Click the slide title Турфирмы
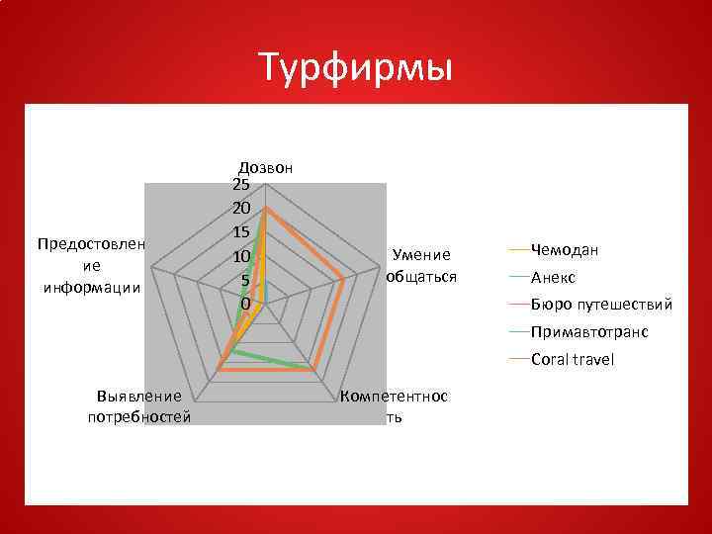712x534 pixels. (x=356, y=68)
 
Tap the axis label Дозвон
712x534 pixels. (x=265, y=167)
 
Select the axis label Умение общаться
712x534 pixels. (x=421, y=265)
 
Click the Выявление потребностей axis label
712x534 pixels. (x=139, y=405)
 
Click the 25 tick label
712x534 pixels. (x=241, y=185)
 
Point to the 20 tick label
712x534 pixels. (x=241, y=209)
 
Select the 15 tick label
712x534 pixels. (x=241, y=232)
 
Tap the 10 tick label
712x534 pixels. (x=241, y=256)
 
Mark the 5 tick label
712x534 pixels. (x=245, y=280)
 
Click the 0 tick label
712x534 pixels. (x=245, y=303)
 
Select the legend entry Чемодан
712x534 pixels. (x=565, y=249)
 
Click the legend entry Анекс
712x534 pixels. (x=553, y=277)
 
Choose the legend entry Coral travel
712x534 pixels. (x=572, y=359)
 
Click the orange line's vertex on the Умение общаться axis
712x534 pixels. (x=343, y=279)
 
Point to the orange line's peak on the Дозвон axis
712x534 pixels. (x=265, y=208)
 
